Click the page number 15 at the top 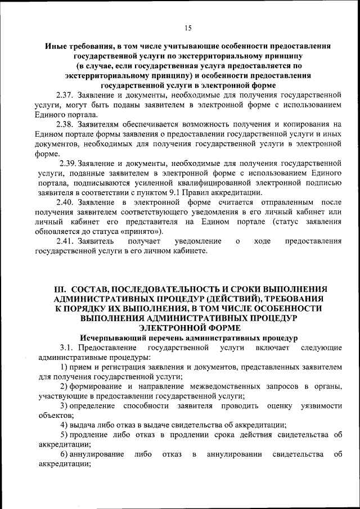(x=187, y=28)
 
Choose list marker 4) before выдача (x=64, y=425)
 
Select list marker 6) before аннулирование (x=64, y=454)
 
